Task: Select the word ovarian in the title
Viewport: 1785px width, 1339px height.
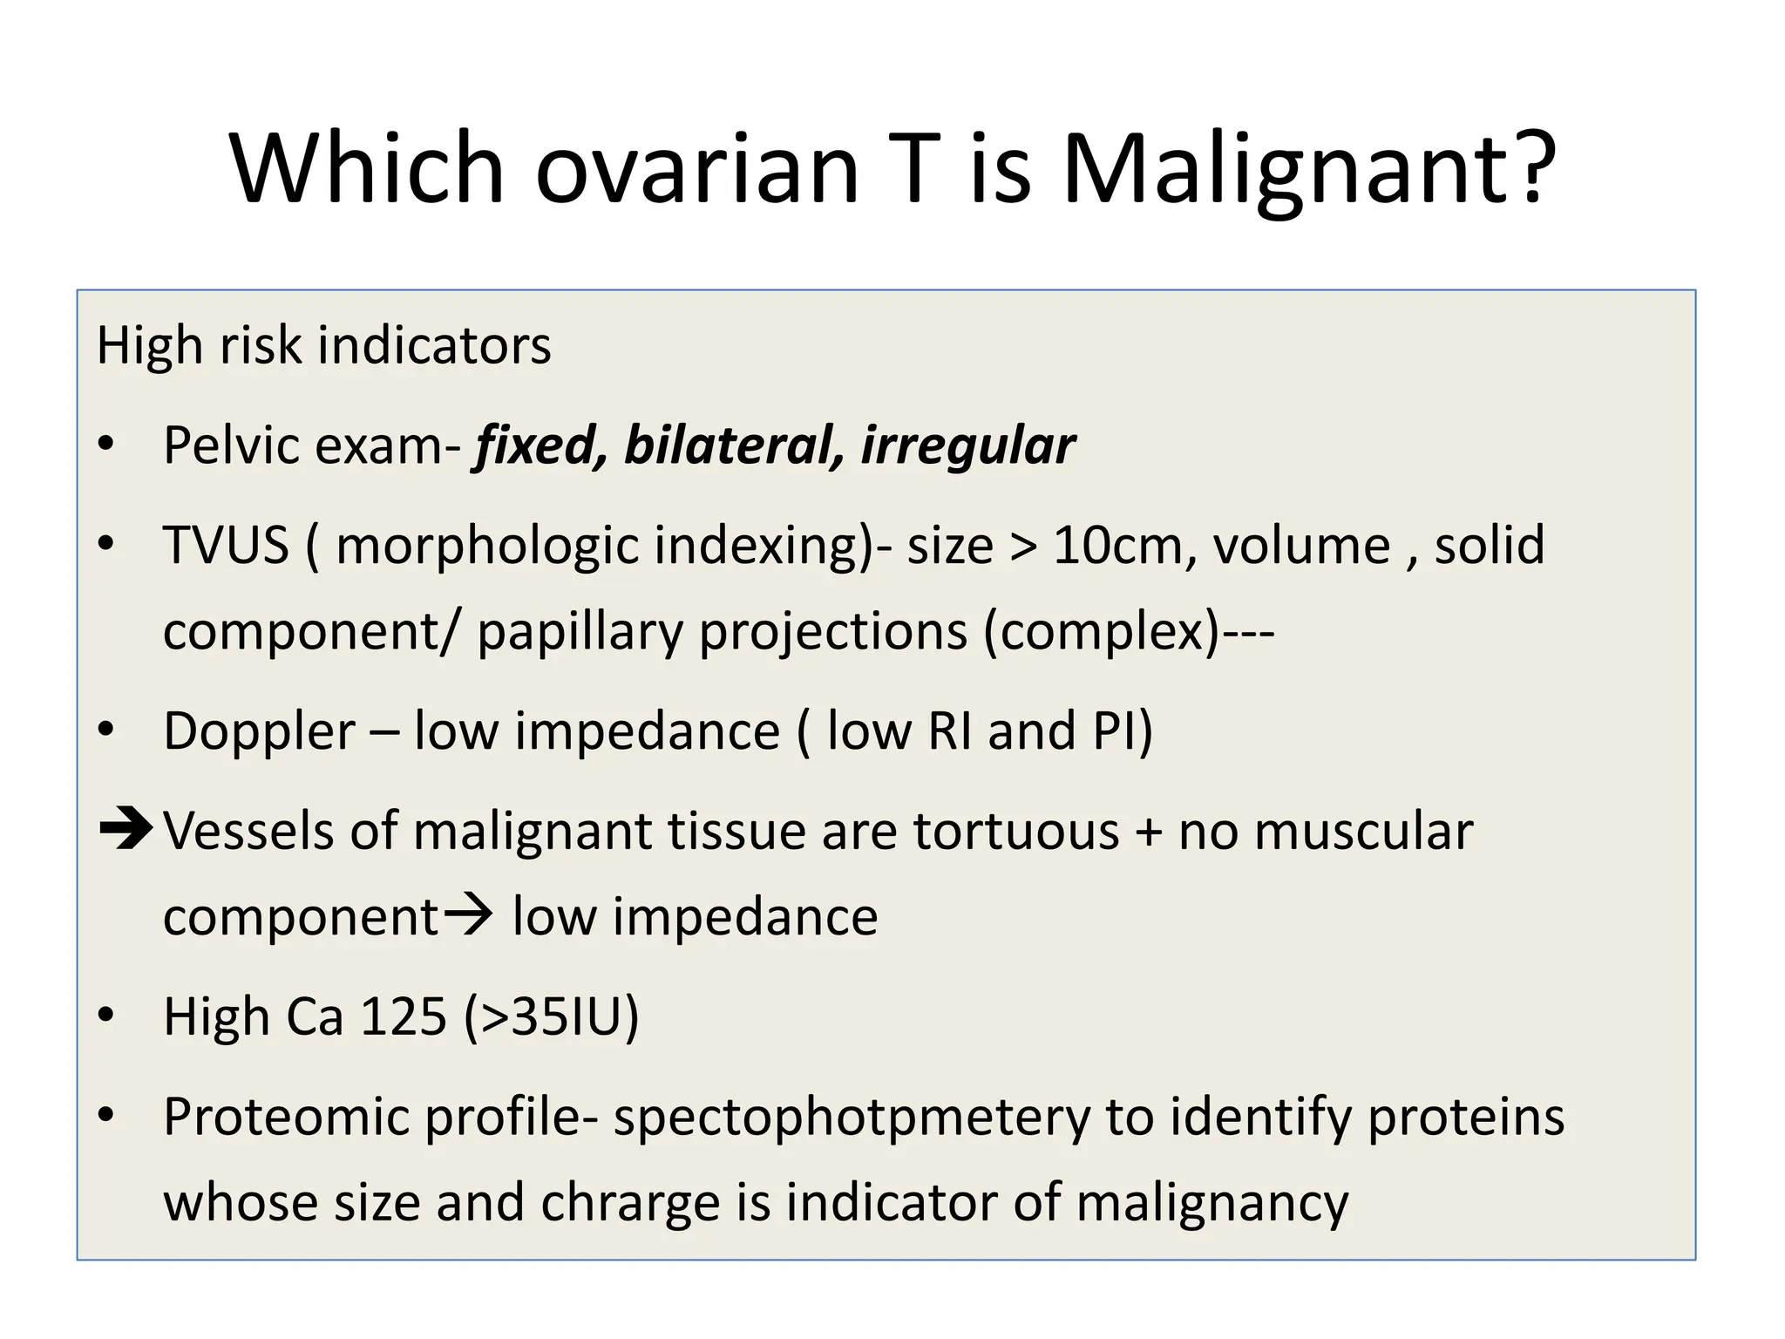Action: tap(697, 170)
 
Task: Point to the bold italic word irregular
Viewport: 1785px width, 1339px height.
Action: tap(967, 445)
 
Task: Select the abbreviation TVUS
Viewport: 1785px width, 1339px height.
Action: tap(226, 546)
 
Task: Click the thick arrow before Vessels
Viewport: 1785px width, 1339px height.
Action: tap(126, 829)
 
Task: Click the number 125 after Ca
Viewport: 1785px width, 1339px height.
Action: tap(404, 1016)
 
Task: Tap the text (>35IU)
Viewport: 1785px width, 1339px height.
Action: tap(552, 1016)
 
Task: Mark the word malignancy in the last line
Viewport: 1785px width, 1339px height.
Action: tap(1212, 1203)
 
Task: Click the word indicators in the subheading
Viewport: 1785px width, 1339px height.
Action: tap(434, 345)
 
